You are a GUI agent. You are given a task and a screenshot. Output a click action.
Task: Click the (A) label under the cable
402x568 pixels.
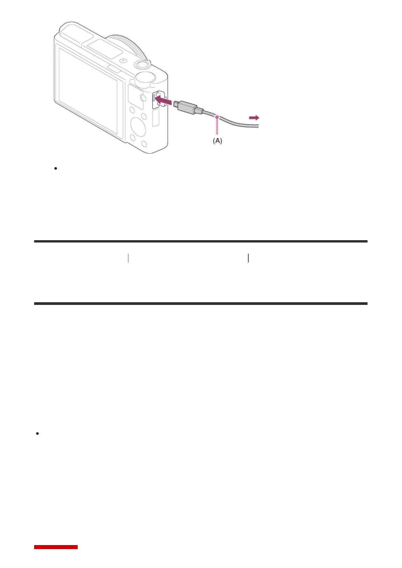(x=217, y=141)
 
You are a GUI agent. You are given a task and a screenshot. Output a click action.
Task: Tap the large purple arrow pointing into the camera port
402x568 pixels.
(x=163, y=100)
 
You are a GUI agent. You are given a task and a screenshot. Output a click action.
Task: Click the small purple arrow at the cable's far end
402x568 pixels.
(x=254, y=118)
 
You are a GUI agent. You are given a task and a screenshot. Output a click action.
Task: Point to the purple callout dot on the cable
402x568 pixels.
(x=217, y=117)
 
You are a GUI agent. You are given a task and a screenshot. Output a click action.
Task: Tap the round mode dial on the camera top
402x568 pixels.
(x=145, y=78)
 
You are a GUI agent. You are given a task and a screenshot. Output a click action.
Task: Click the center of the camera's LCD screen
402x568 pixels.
(x=88, y=91)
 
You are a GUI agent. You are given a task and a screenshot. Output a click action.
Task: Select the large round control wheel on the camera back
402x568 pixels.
(x=138, y=126)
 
